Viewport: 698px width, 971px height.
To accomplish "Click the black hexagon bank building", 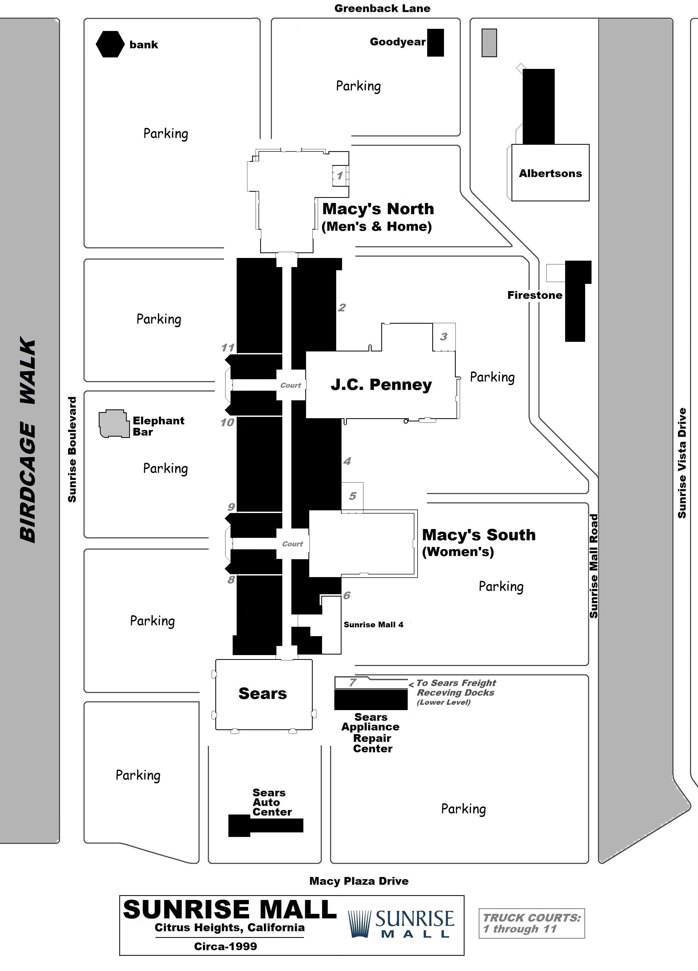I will [110, 44].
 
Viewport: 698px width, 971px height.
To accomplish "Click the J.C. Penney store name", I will [381, 385].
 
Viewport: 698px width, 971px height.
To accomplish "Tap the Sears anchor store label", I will [263, 694].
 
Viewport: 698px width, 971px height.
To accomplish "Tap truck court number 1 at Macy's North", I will [340, 175].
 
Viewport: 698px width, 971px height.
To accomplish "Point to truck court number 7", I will [353, 682].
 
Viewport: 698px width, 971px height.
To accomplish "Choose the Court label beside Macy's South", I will [292, 544].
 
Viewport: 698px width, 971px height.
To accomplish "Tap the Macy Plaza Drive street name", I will [359, 881].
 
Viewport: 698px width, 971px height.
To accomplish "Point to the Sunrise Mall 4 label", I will [373, 625].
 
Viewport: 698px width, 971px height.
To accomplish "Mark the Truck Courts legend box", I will [532, 923].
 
